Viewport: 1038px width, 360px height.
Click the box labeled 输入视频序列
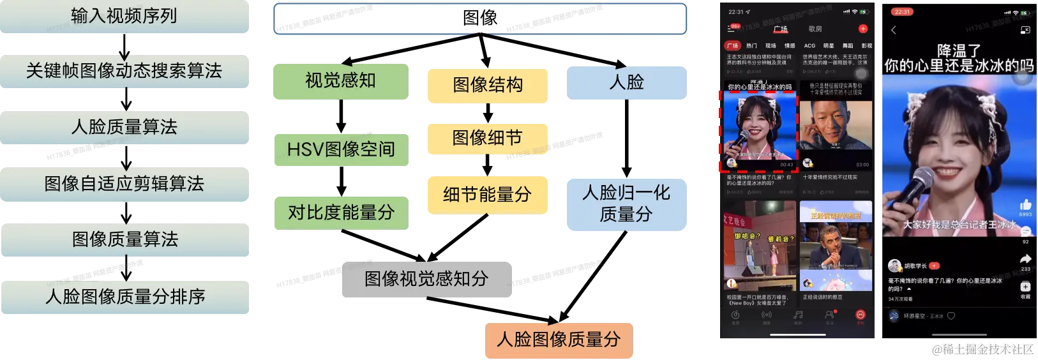tap(124, 17)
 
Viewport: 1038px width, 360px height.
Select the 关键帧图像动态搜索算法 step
tap(124, 71)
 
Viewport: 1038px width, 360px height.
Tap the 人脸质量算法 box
tap(124, 127)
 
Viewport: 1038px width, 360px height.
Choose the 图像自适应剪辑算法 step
tap(124, 184)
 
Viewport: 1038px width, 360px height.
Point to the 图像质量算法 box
tap(124, 239)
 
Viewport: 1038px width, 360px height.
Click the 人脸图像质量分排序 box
tap(124, 297)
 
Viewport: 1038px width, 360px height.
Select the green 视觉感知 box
tap(340, 81)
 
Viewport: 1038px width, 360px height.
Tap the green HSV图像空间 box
tap(341, 149)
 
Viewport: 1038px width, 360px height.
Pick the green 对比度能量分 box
tap(341, 212)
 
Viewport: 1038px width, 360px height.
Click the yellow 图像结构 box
tap(487, 85)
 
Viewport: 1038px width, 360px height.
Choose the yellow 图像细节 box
tap(487, 138)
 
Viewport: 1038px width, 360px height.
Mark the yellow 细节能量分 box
tap(487, 195)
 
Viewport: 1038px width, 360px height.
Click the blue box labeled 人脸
tap(627, 83)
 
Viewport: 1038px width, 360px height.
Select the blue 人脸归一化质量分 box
tap(627, 204)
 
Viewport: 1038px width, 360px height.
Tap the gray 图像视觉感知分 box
tap(426, 279)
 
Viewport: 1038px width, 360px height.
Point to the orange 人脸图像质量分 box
tap(559, 340)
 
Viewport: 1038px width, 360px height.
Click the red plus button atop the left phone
tap(862, 29)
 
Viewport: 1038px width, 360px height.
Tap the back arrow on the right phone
tap(894, 30)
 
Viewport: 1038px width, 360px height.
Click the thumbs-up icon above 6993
tap(1025, 205)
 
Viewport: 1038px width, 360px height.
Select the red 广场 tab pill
tap(732, 46)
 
